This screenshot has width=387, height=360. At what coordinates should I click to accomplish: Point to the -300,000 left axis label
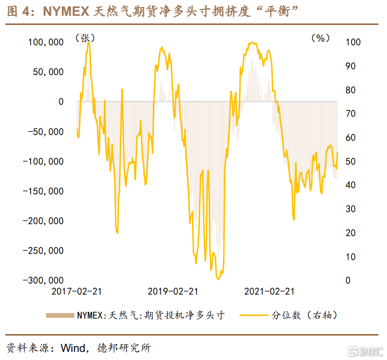pos(44,280)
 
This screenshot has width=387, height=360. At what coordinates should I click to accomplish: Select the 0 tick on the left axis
pos(61,102)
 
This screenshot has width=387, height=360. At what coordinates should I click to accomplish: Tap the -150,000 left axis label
pos(44,191)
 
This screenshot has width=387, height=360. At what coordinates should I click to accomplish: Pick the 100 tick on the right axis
pos(353,42)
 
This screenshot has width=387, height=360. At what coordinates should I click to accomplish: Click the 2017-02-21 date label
pos(77,291)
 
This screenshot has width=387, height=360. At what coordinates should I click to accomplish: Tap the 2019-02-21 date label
pos(173,291)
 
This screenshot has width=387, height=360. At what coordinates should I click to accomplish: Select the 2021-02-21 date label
pos(269,291)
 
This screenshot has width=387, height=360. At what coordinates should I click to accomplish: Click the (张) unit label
pos(85,38)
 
